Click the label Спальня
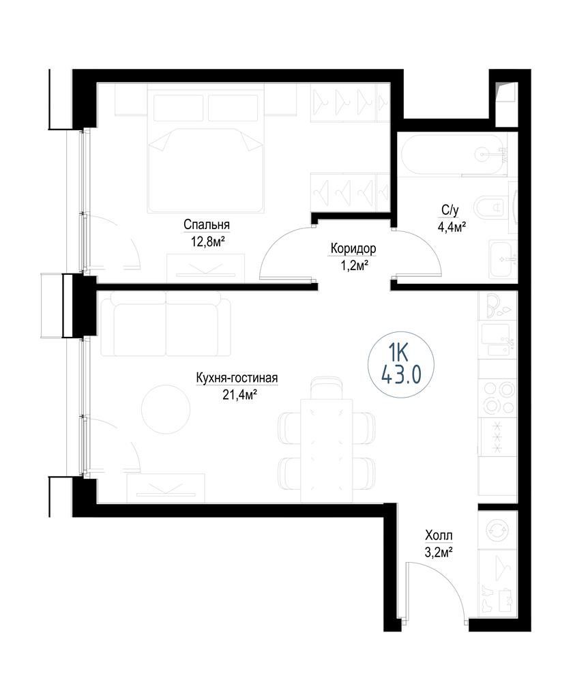click(x=206, y=225)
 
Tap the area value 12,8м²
click(x=207, y=242)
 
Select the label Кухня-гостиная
click(x=237, y=378)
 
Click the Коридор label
click(x=353, y=249)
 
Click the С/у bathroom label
click(x=450, y=210)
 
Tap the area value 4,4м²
click(x=452, y=226)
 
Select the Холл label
click(x=439, y=535)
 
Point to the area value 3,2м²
click(x=439, y=552)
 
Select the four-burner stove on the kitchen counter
click(x=497, y=398)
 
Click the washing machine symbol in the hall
click(x=497, y=531)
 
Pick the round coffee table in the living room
click(x=166, y=408)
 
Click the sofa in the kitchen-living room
click(x=166, y=324)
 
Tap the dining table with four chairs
click(x=327, y=440)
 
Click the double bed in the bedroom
click(x=206, y=149)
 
